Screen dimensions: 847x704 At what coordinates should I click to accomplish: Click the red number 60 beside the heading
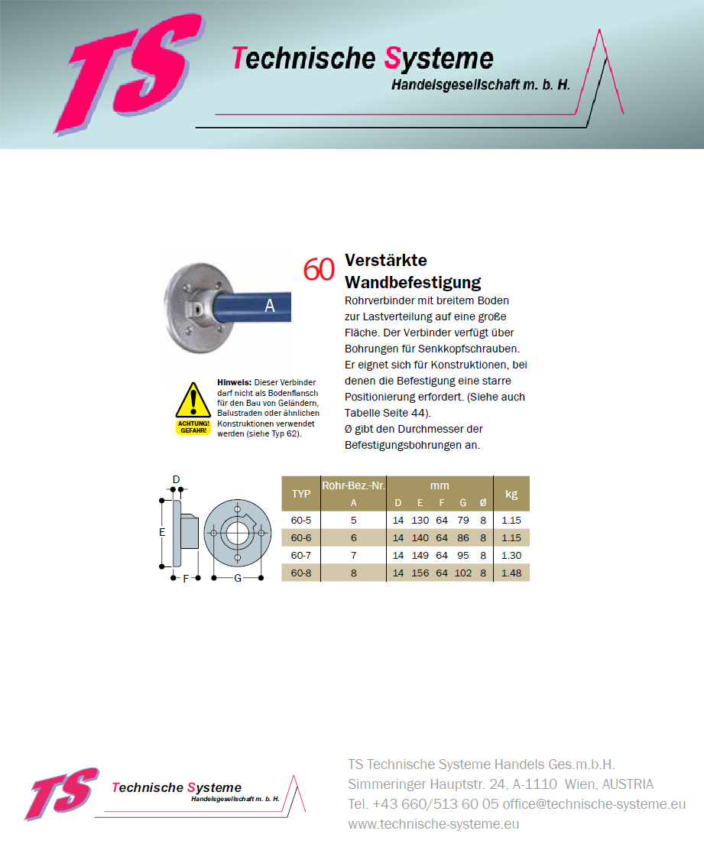click(319, 270)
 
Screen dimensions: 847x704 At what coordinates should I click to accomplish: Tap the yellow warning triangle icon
click(193, 402)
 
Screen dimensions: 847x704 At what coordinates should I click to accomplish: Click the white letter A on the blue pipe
click(269, 306)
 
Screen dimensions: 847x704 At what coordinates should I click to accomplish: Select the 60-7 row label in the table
click(301, 556)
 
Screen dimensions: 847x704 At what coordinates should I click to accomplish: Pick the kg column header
click(511, 494)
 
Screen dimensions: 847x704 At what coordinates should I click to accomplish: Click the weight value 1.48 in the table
click(511, 573)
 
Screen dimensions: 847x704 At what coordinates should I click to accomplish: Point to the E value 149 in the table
click(420, 556)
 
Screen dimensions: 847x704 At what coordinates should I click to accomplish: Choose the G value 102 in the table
click(462, 573)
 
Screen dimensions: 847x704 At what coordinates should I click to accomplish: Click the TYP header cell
click(301, 494)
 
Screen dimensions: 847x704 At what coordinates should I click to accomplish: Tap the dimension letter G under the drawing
click(238, 579)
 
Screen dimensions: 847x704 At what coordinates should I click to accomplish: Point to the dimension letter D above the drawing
click(176, 480)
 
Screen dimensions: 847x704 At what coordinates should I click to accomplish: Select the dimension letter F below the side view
click(186, 579)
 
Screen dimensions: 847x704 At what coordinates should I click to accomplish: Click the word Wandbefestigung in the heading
click(413, 283)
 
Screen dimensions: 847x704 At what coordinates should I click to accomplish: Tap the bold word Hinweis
click(234, 382)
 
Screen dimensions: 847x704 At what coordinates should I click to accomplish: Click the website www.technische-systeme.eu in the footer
click(433, 824)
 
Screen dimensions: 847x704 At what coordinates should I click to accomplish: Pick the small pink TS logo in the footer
click(63, 793)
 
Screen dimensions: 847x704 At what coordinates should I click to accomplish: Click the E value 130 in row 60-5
click(420, 520)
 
